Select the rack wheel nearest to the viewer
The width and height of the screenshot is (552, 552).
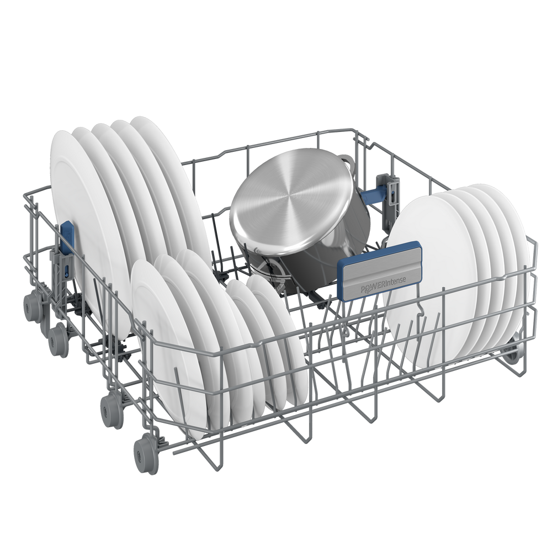(x=144, y=454)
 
